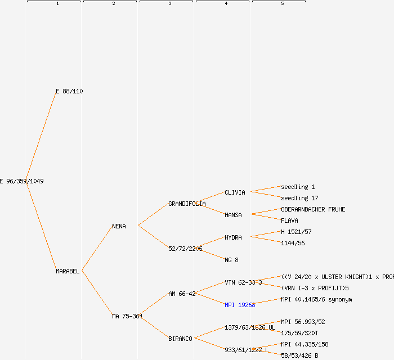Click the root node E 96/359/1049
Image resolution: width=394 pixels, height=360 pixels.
click(x=22, y=181)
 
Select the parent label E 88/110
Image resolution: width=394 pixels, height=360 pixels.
click(x=69, y=91)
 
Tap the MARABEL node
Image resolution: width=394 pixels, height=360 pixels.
click(x=68, y=271)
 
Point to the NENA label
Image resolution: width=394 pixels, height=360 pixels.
click(x=119, y=226)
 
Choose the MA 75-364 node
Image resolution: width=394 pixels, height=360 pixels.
click(x=127, y=316)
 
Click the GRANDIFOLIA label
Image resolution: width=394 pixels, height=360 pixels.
click(x=187, y=204)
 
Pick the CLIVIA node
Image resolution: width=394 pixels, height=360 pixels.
click(x=235, y=192)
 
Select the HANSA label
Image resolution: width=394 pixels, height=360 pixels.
click(x=233, y=215)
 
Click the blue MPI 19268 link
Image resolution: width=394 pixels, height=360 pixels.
click(x=240, y=305)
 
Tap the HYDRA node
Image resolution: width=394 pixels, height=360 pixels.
click(x=233, y=237)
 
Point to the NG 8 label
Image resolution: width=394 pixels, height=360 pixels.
click(x=231, y=260)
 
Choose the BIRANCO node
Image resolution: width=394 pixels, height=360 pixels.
click(x=180, y=339)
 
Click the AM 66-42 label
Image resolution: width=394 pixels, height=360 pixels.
click(x=182, y=294)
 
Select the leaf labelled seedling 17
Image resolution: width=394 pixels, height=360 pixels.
click(x=299, y=198)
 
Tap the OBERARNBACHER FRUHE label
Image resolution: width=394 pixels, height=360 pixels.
click(x=313, y=209)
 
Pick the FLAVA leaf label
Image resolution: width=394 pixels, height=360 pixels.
click(x=289, y=220)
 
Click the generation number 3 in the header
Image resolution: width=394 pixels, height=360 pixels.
click(x=169, y=4)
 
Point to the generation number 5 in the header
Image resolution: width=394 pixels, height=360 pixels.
click(x=282, y=4)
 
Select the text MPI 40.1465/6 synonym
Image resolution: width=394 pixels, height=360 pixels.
click(x=316, y=299)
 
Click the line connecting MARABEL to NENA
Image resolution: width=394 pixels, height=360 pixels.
click(x=97, y=249)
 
